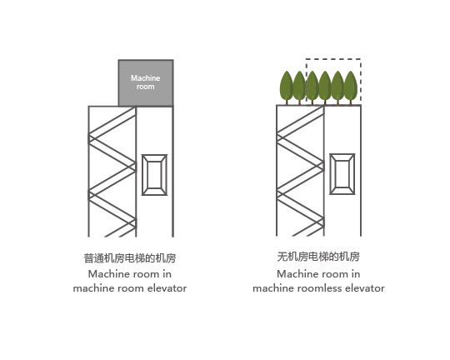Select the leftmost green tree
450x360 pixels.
(287, 87)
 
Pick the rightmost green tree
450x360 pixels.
(350, 87)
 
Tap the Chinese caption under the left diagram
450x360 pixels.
(130, 258)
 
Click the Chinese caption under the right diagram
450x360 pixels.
(318, 257)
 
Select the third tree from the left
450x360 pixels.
(312, 87)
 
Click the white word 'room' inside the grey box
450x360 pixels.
(146, 87)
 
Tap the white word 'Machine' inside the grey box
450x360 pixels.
(146, 78)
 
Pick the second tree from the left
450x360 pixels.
(299, 87)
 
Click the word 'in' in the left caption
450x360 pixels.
(167, 274)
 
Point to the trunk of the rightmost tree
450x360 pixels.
(350, 102)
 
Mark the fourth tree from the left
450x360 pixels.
(325, 87)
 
